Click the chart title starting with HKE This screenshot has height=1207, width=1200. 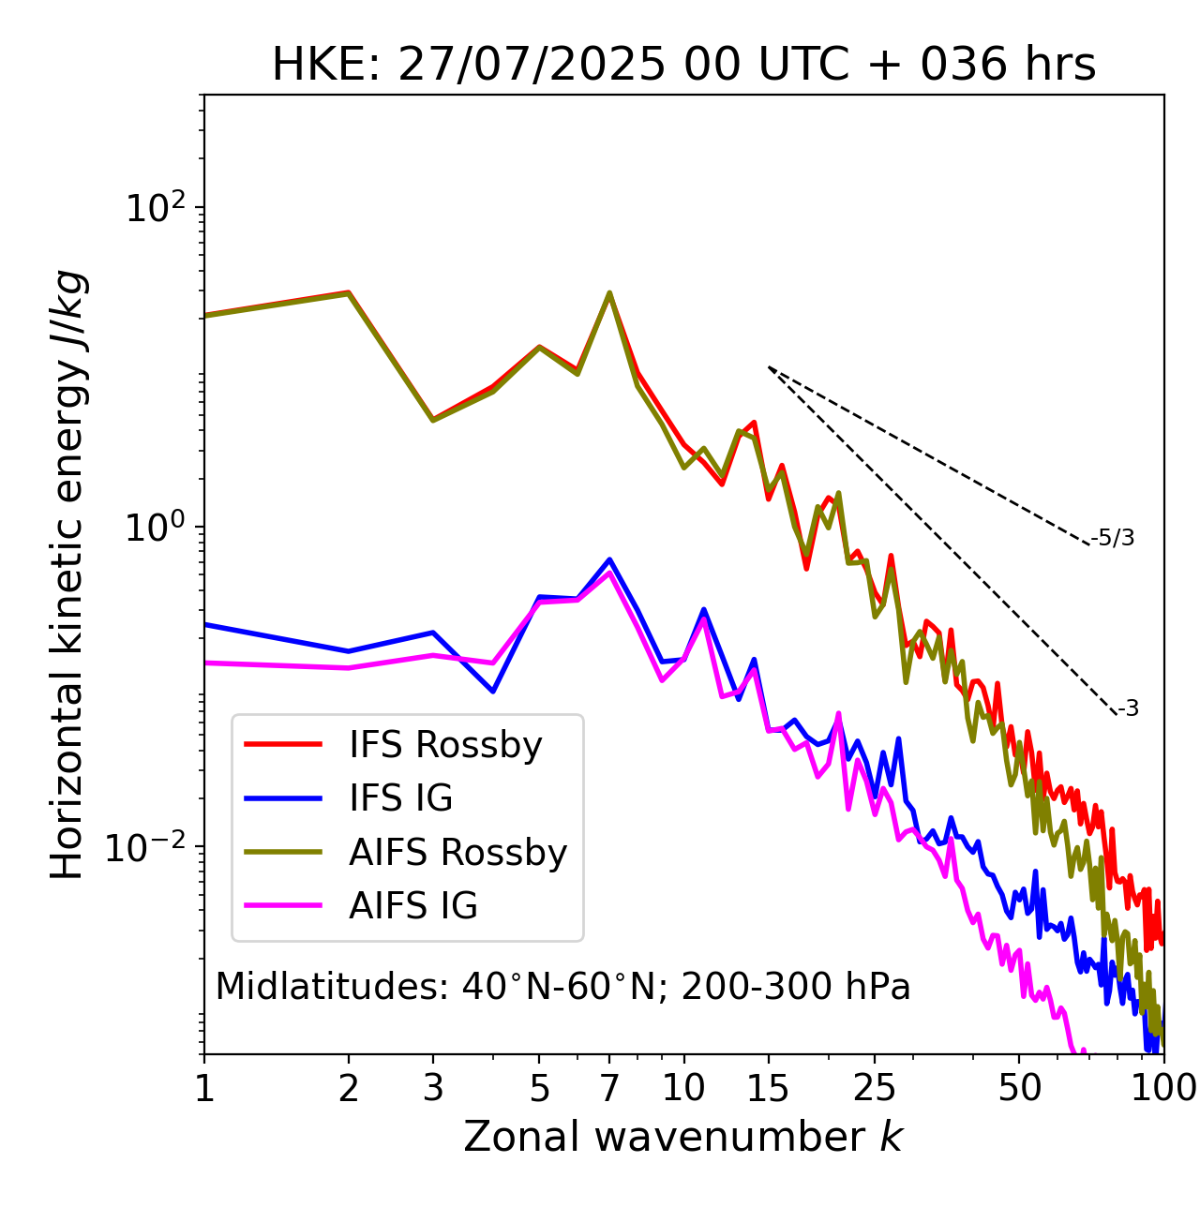683,66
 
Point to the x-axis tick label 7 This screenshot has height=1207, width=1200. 609,1088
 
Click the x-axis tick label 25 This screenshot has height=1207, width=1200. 875,1088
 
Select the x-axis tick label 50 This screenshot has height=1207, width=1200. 1019,1088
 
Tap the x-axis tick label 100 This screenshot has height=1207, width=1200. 1163,1088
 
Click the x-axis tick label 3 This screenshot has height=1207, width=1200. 432,1088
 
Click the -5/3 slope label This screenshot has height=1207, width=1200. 1113,538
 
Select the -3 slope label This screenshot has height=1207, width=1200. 1128,708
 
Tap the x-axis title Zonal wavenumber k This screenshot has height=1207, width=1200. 683,1137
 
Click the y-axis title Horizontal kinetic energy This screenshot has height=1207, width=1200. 67,574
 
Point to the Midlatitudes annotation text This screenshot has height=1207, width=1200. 562,987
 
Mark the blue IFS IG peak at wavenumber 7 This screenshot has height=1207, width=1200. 609,559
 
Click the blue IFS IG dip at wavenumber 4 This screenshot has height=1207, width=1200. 493,692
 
